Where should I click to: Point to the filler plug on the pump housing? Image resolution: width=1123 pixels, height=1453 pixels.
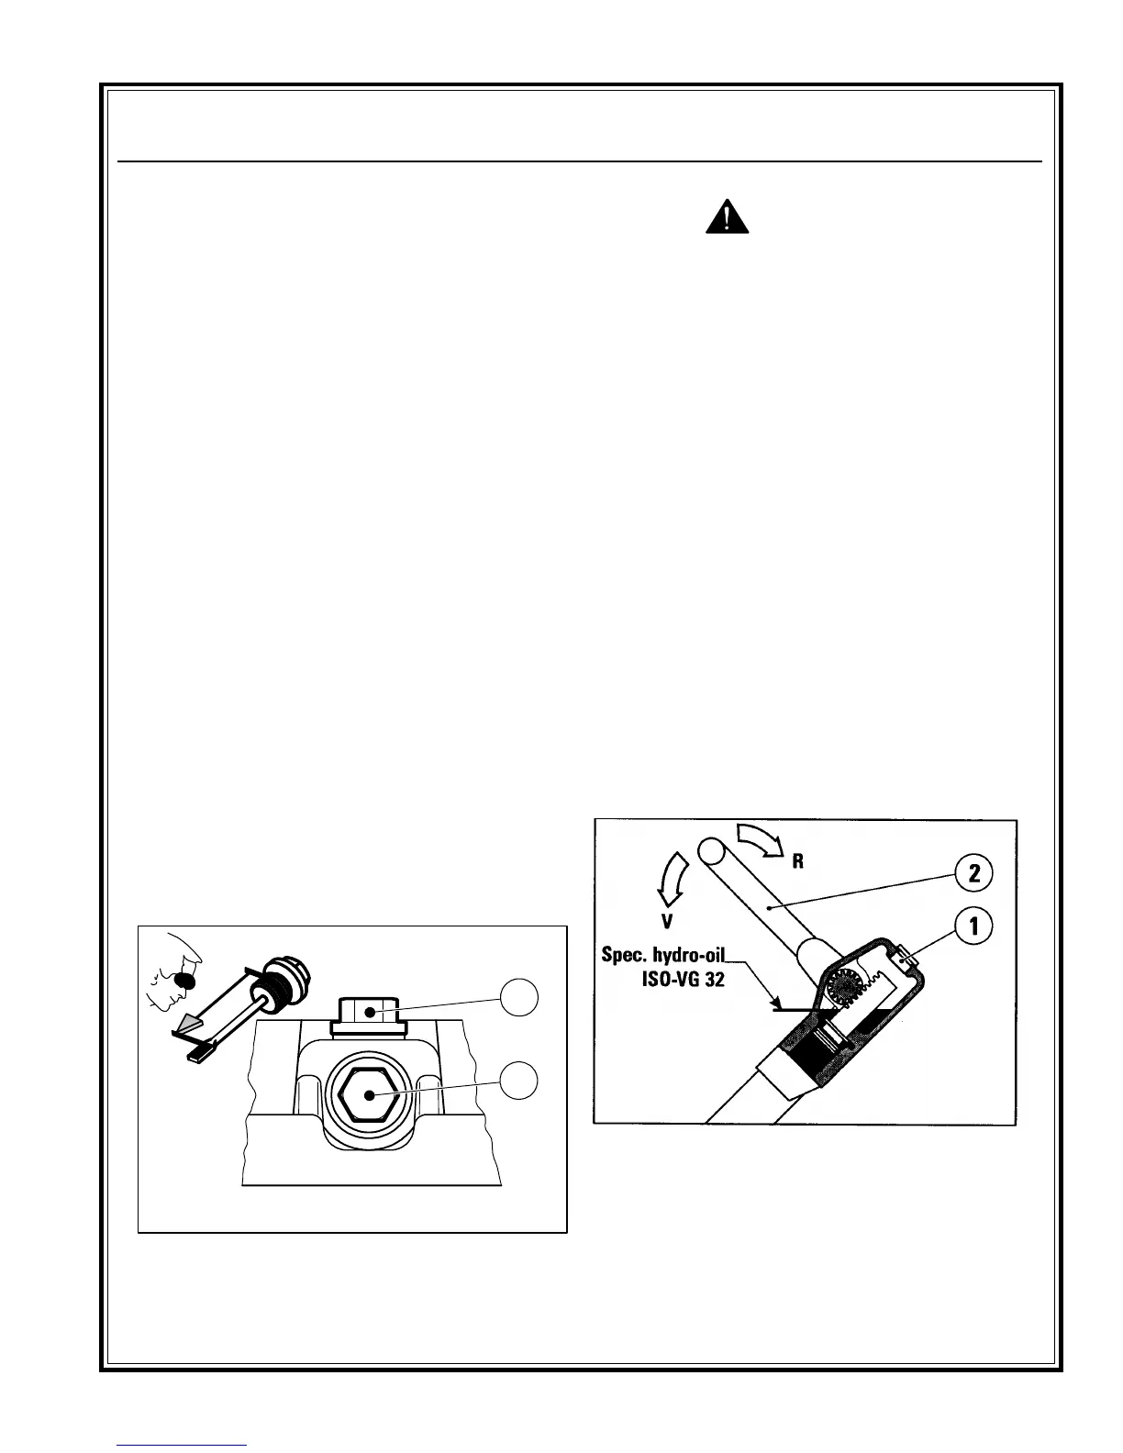906,959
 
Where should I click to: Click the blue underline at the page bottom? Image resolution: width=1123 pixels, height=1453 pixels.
182,1444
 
